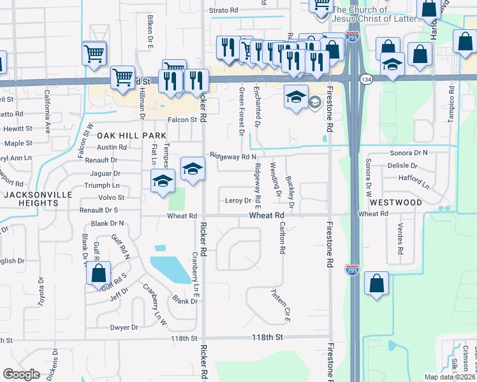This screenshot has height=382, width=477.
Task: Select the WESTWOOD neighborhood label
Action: point(395,202)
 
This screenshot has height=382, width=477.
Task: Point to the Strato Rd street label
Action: point(224,11)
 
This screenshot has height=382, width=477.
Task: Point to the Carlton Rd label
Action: point(281,237)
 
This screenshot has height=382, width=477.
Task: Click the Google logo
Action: point(21,374)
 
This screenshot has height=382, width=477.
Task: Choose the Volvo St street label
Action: point(111,197)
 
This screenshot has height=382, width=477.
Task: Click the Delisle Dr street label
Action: point(402,166)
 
